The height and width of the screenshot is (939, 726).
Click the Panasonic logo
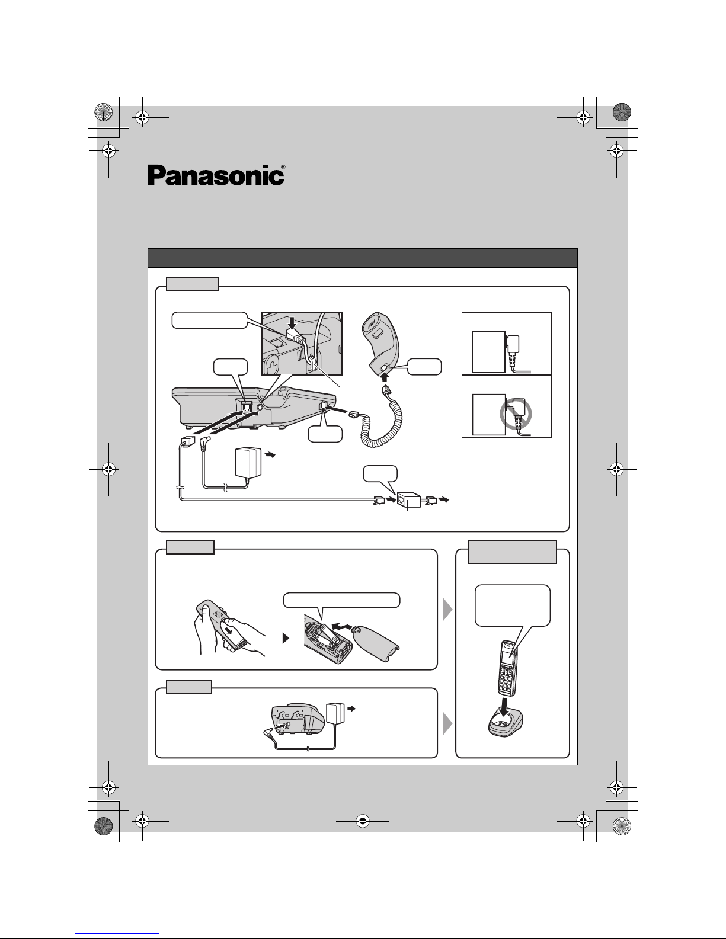click(x=216, y=175)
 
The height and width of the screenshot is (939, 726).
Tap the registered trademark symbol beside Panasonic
click(x=283, y=167)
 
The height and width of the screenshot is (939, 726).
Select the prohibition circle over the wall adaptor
click(x=516, y=414)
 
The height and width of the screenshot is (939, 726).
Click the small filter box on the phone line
click(x=409, y=500)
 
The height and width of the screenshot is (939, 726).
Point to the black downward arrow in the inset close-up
click(x=292, y=322)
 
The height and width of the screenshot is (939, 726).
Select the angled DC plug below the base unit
click(x=205, y=443)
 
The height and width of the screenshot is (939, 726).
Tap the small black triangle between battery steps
click(x=286, y=638)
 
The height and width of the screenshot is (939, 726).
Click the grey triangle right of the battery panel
click(x=447, y=610)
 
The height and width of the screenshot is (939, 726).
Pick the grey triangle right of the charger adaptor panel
click(x=447, y=724)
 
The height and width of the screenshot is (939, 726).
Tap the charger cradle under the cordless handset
click(x=505, y=724)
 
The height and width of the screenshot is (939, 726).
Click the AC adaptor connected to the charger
click(x=336, y=713)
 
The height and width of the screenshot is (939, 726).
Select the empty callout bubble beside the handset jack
click(x=424, y=367)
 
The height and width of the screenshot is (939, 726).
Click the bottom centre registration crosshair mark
click(x=363, y=821)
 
